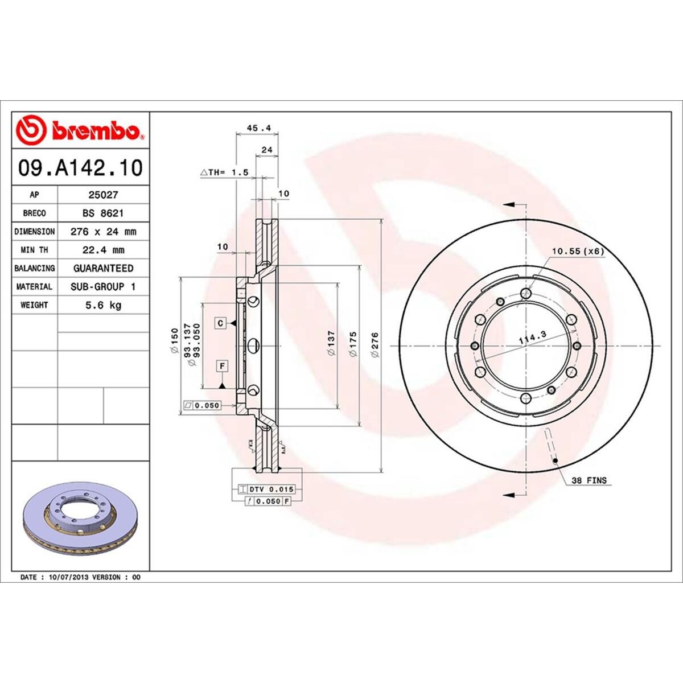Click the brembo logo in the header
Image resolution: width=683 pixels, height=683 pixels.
[80, 130]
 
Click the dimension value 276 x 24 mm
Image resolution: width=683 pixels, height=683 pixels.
[103, 232]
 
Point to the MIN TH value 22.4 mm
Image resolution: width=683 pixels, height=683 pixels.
[103, 250]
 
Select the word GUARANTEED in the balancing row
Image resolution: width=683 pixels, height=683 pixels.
[103, 268]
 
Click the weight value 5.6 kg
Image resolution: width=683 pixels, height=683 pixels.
[103, 305]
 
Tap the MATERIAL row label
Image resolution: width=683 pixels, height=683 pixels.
[34, 287]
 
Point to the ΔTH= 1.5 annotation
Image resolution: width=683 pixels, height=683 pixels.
[224, 172]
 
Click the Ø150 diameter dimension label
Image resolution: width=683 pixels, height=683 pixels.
[174, 345]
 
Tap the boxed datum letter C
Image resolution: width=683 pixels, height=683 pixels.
[220, 323]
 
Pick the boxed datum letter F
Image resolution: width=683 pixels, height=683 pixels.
[220, 366]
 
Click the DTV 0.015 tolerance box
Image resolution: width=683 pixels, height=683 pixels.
[267, 489]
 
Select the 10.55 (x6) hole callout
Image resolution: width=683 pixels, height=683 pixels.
[577, 250]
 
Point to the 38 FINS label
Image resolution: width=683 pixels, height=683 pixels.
[589, 481]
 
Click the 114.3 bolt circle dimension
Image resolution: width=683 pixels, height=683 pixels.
[532, 340]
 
